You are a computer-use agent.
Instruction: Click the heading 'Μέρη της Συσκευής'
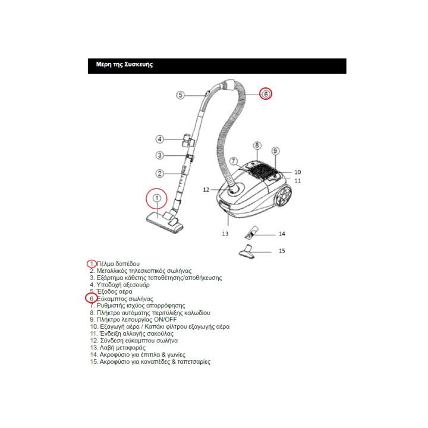(x=124, y=64)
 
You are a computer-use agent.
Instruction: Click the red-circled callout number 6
(x=266, y=93)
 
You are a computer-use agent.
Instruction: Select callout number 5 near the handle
(x=181, y=95)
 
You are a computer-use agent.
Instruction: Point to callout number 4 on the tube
(x=159, y=139)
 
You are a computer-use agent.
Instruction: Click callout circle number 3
(x=159, y=156)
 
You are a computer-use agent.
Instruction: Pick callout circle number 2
(x=159, y=174)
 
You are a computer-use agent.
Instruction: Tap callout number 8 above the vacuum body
(x=257, y=146)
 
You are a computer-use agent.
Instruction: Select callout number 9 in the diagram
(x=275, y=151)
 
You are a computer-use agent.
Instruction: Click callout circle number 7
(x=234, y=160)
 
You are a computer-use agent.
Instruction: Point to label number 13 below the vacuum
(x=225, y=234)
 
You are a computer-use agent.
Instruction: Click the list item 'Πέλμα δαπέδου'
(x=118, y=263)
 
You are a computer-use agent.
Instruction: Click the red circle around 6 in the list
(x=91, y=298)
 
